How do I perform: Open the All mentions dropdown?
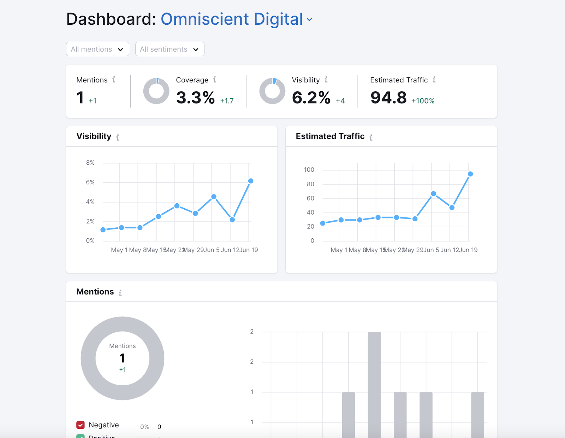pyautogui.click(x=97, y=49)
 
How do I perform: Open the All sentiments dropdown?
pyautogui.click(x=169, y=49)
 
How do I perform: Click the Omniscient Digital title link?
pyautogui.click(x=232, y=19)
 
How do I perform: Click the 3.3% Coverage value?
pyautogui.click(x=195, y=98)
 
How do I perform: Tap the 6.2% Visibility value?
pyautogui.click(x=311, y=98)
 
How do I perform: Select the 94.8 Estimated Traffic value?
pyautogui.click(x=388, y=98)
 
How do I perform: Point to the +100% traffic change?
pyautogui.click(x=423, y=101)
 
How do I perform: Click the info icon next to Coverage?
pyautogui.click(x=215, y=80)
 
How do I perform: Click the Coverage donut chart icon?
pyautogui.click(x=156, y=91)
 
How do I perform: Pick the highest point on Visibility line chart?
pyautogui.click(x=251, y=181)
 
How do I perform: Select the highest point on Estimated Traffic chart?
pyautogui.click(x=470, y=174)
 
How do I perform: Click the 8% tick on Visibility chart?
pyautogui.click(x=90, y=163)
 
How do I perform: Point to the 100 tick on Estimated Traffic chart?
pyautogui.click(x=309, y=170)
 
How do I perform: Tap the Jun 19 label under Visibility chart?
pyautogui.click(x=249, y=250)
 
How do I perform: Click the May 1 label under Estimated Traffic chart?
pyautogui.click(x=339, y=250)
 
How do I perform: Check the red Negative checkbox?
pyautogui.click(x=81, y=425)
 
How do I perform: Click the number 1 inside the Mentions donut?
pyautogui.click(x=123, y=358)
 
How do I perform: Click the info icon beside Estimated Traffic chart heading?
pyautogui.click(x=371, y=137)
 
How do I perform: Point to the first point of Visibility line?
pyautogui.click(x=103, y=230)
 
